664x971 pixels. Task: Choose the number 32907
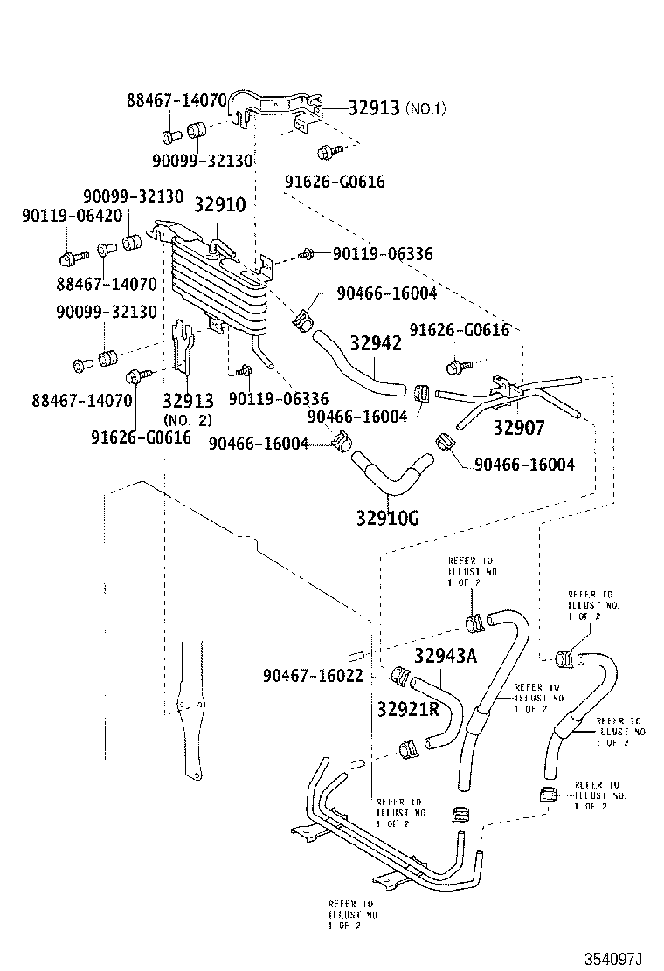[x=519, y=428]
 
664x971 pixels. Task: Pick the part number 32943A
[x=446, y=655]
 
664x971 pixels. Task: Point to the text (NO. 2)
[x=187, y=420]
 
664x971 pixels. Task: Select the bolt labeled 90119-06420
[x=70, y=258]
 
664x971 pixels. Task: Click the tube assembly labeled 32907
[x=507, y=397]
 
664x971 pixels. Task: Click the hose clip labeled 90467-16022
[x=403, y=676]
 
